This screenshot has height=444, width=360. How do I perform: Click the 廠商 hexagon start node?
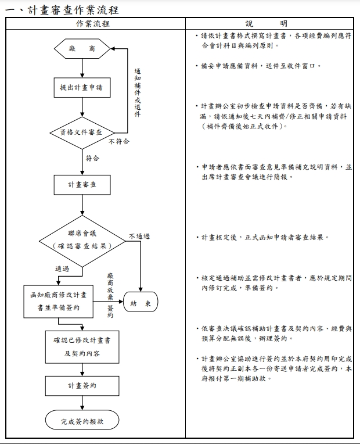point(82,49)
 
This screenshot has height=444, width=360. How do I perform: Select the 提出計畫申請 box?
point(82,88)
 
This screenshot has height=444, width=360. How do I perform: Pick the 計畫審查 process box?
point(82,185)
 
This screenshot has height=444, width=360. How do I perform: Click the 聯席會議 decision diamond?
point(82,239)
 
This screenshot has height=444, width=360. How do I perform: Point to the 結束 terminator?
point(141,303)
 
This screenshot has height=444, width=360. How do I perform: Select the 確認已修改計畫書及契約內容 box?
point(82,346)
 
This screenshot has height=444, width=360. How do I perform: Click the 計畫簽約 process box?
point(82,385)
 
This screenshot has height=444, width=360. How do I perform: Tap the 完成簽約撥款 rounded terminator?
point(82,420)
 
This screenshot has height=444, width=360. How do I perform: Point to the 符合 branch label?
point(92,157)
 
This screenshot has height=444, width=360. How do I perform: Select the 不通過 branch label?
point(139,236)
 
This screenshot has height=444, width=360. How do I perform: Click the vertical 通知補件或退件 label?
point(138,93)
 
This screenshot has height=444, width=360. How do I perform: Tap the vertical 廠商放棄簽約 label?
point(110,295)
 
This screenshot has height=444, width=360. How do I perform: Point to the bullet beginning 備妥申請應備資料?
point(258,66)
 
